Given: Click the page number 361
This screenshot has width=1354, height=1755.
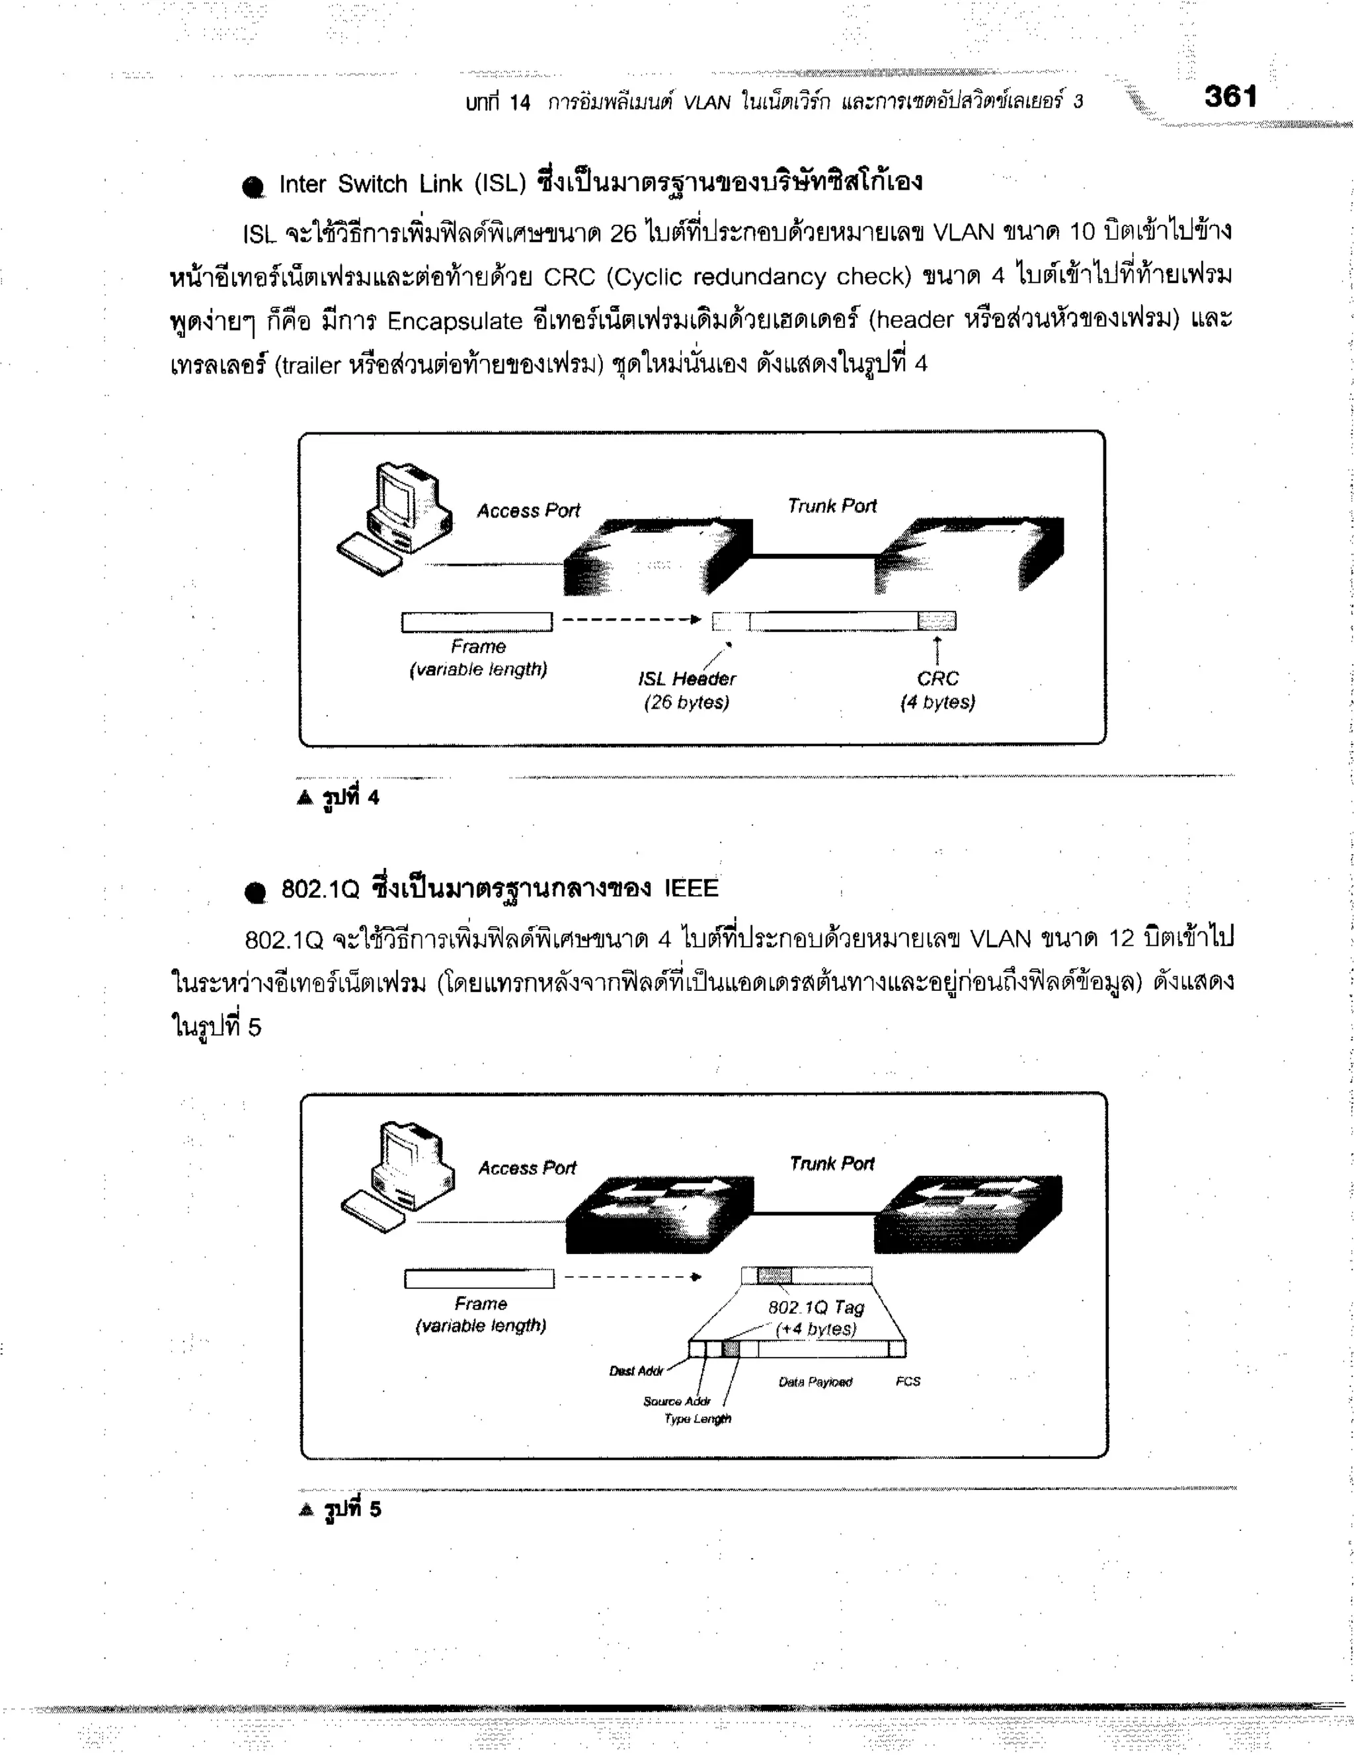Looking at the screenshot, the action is pos(1230,97).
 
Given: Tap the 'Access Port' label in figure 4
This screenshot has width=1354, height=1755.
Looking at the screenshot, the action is pos(528,511).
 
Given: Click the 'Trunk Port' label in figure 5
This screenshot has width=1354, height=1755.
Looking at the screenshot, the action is pos(832,1163).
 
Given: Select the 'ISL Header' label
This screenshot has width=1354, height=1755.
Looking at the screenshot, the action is pos(687,679).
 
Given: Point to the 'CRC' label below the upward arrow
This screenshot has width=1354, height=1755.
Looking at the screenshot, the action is pos(937,679).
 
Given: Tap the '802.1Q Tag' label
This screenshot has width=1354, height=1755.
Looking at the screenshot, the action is pos(816,1307).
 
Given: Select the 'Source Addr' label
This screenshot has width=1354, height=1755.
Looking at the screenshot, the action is pos(676,1401).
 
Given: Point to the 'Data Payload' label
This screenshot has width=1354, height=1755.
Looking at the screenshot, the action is pos(815,1382).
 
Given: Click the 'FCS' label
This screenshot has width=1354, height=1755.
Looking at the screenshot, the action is pos(908,1382).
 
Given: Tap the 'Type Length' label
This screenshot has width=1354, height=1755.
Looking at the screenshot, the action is pos(697,1419).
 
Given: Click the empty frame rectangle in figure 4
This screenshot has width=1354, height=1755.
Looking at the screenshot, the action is pos(477,622).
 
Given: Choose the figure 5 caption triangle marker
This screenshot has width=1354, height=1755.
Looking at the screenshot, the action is pos(306,1510).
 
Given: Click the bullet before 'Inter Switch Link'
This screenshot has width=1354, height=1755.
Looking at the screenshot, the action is pos(253,187).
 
